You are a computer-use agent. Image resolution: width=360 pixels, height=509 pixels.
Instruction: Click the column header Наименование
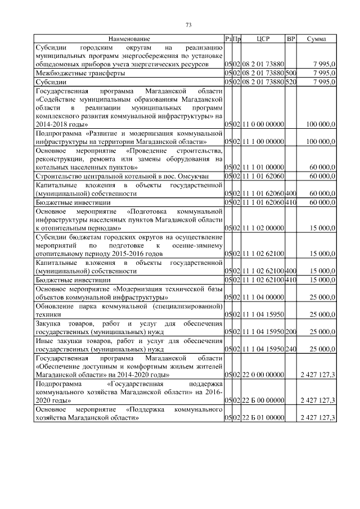(129, 39)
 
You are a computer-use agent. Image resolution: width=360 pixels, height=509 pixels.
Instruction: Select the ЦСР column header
(263, 39)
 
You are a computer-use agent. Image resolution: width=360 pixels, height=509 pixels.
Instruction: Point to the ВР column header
(291, 39)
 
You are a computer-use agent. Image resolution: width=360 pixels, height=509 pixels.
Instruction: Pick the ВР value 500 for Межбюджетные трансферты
(291, 73)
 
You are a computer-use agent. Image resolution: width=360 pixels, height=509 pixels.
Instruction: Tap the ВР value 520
(291, 82)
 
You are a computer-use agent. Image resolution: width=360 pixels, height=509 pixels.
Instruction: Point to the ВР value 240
(291, 349)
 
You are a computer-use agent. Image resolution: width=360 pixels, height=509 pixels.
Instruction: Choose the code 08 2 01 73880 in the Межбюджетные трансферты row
(263, 73)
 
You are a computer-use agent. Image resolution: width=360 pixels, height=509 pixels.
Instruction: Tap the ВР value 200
(291, 331)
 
